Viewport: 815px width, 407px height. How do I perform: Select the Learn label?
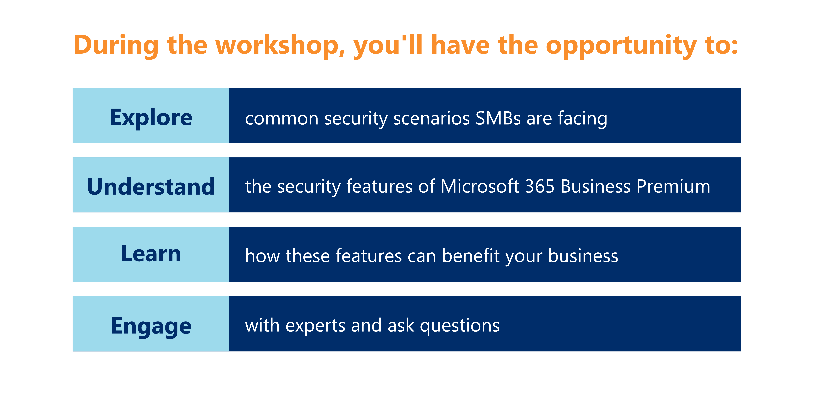pyautogui.click(x=151, y=254)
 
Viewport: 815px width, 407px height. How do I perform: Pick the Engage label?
pyautogui.click(x=151, y=326)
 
